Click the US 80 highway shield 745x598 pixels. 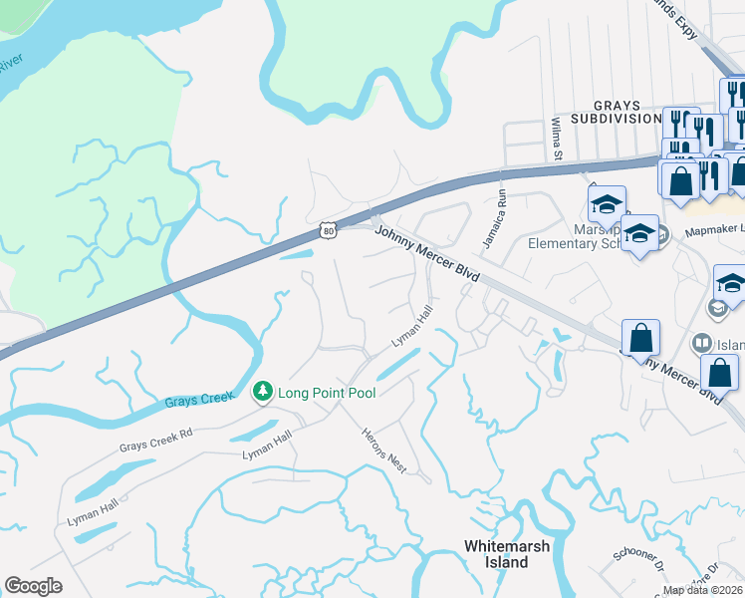coord(329,230)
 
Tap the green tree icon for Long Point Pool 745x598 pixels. coord(263,392)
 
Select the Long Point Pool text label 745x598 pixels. coord(327,393)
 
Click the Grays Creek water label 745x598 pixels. coord(197,401)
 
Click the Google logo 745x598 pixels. coord(34,586)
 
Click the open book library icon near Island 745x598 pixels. coord(701,344)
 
